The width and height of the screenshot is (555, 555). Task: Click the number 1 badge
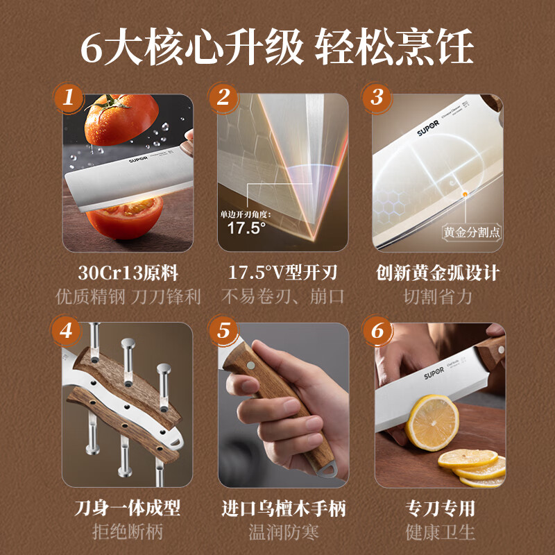(x=68, y=98)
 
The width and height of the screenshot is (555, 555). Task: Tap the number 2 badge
(x=223, y=98)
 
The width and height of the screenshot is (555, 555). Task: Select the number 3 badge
(x=377, y=98)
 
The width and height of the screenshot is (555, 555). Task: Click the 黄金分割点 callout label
(x=472, y=231)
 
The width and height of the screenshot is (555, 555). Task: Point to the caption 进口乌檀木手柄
(x=283, y=509)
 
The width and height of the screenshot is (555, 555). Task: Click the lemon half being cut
(x=432, y=423)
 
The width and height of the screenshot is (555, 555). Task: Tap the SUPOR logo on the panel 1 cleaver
(x=139, y=161)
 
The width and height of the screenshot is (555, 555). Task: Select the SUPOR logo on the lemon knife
(x=437, y=375)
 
